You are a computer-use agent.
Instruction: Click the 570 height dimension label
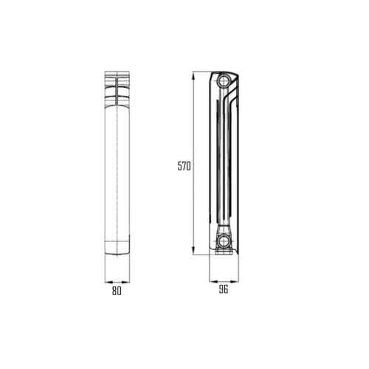tap(184, 166)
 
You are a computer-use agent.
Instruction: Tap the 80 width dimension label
tap(117, 291)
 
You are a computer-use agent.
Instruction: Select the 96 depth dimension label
tap(224, 289)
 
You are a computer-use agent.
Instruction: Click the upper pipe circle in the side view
tap(224, 80)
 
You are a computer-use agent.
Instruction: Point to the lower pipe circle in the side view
tap(224, 241)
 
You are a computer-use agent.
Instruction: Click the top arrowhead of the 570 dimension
tap(193, 75)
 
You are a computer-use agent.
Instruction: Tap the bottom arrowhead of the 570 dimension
tap(193, 251)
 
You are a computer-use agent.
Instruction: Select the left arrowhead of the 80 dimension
tap(108, 282)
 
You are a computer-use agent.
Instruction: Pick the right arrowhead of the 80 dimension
tap(125, 282)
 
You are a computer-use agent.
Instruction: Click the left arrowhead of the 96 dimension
tap(213, 281)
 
